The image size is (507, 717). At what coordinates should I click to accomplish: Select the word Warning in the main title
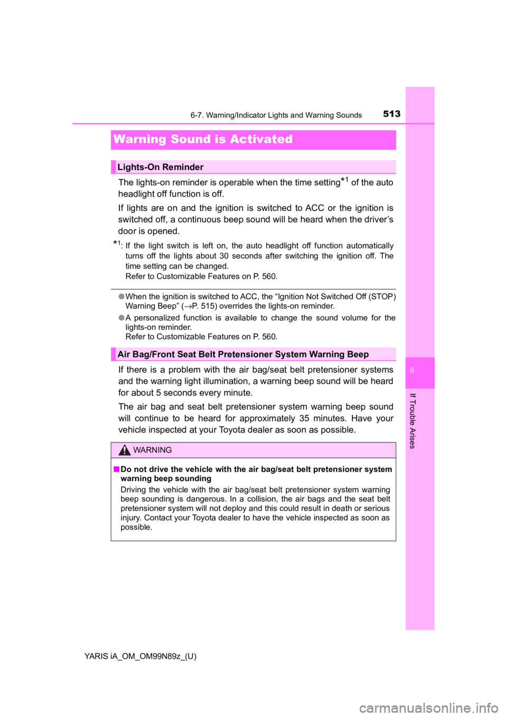139,139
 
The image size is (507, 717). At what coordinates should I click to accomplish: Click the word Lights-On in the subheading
138,167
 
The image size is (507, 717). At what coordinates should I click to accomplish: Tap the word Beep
358,354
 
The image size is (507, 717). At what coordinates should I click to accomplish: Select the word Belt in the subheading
206,354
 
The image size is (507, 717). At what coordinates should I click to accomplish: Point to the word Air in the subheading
124,354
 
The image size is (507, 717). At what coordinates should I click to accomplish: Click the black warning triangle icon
124,450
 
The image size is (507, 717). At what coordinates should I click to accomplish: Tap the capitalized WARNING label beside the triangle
153,450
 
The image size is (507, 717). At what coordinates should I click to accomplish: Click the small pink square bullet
116,469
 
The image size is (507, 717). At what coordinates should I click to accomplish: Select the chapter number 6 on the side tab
412,371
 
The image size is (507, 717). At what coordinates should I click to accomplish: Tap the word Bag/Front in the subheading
154,354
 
